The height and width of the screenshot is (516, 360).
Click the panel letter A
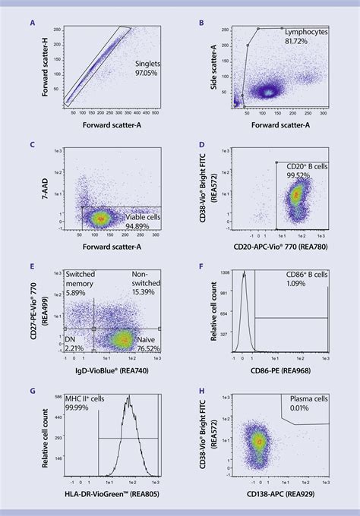[32, 23]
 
